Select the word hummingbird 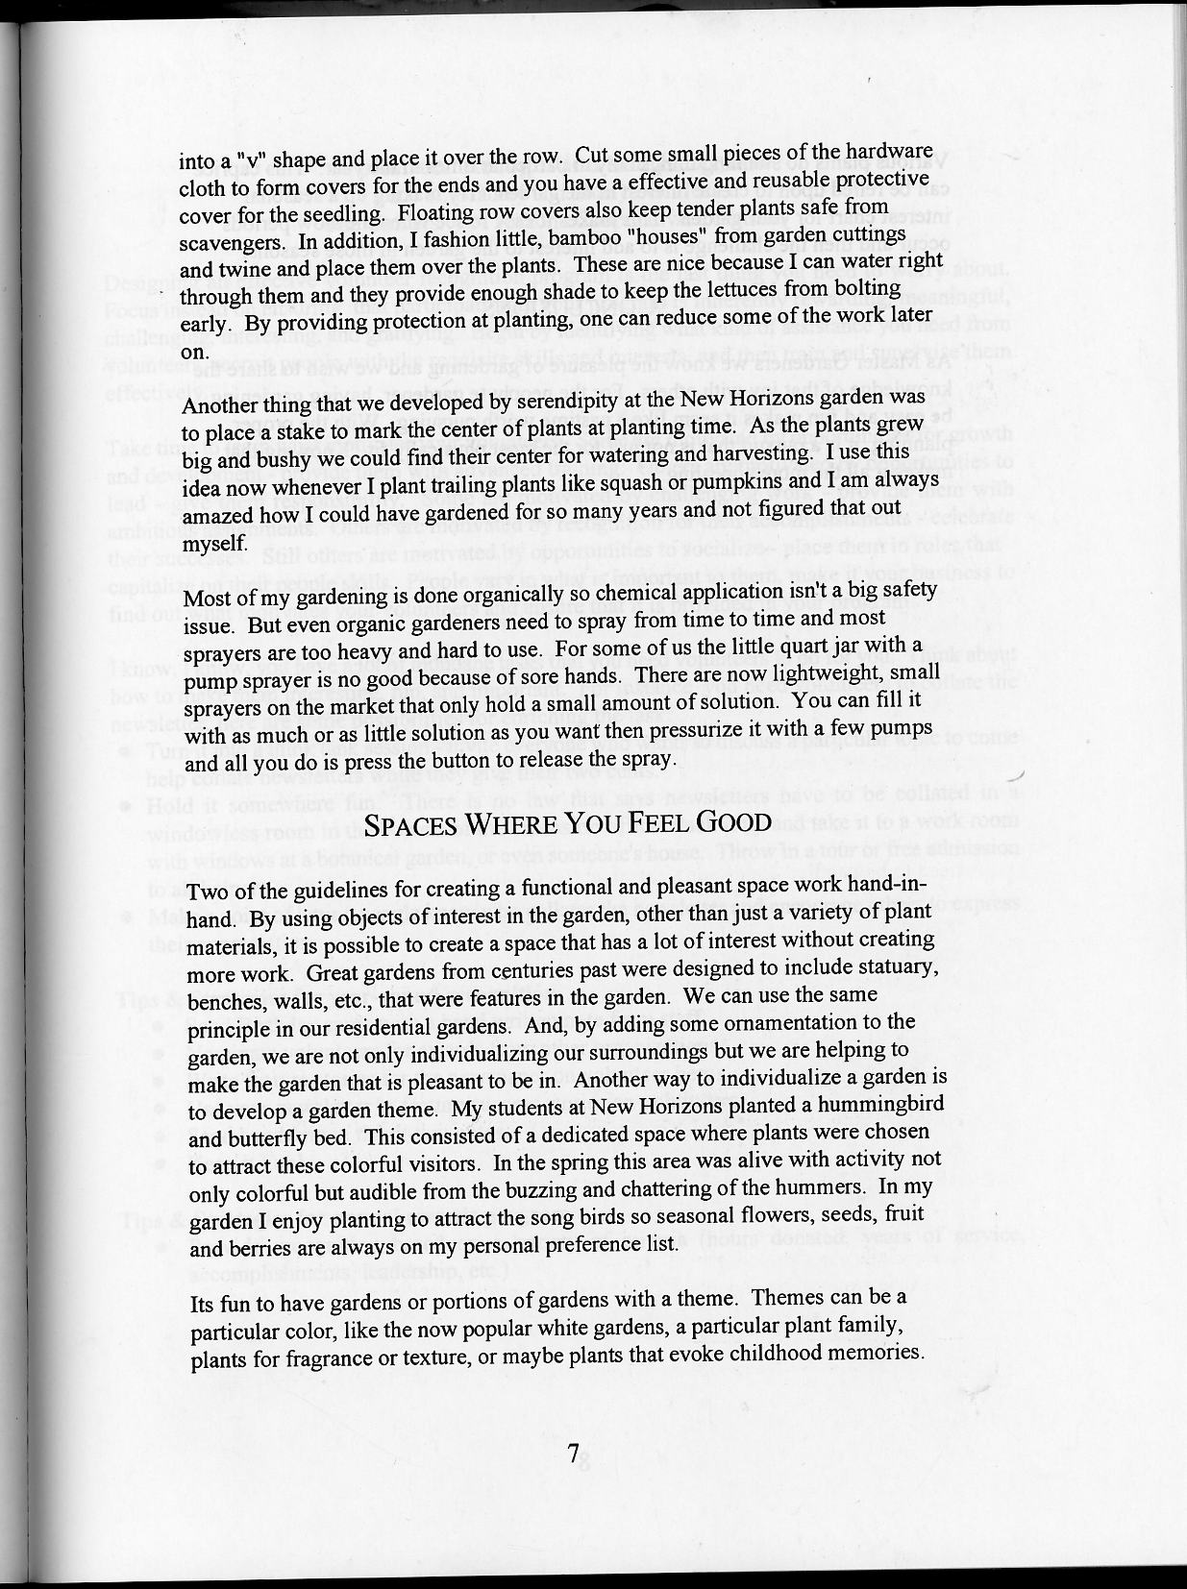tap(880, 1104)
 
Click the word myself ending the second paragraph tap(214, 544)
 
